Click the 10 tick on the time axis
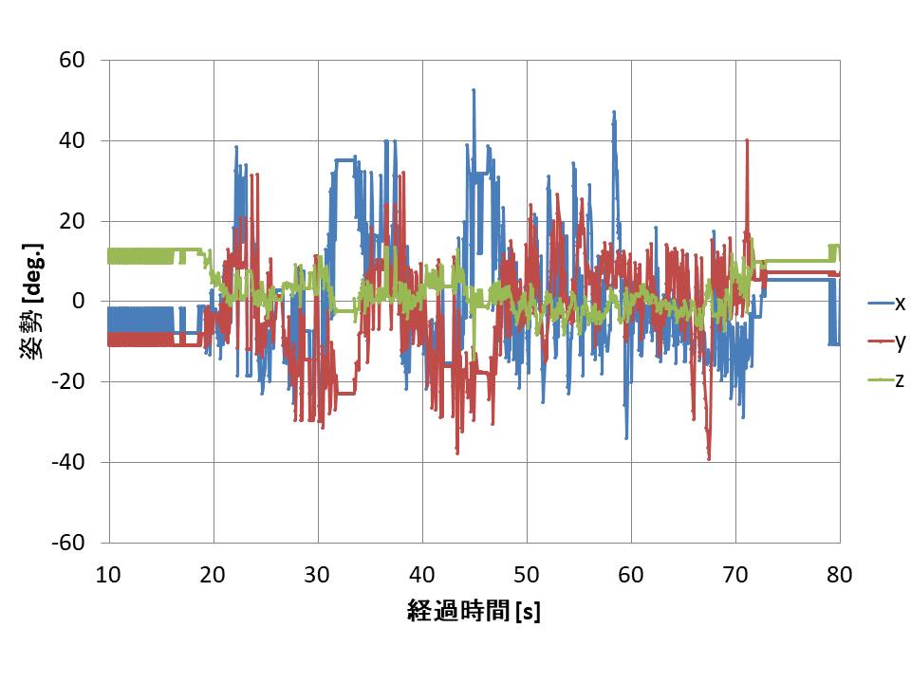click(x=109, y=574)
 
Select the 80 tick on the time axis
click(x=840, y=574)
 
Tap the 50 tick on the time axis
click(x=527, y=574)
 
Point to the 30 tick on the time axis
click(x=318, y=574)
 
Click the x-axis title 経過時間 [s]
click(x=474, y=613)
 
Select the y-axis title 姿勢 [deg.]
click(x=31, y=302)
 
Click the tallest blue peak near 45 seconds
click(x=474, y=90)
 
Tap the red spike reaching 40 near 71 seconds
click(x=748, y=140)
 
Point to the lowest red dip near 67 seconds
click(x=709, y=458)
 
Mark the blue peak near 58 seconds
click(x=614, y=112)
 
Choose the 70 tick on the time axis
click(x=735, y=574)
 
